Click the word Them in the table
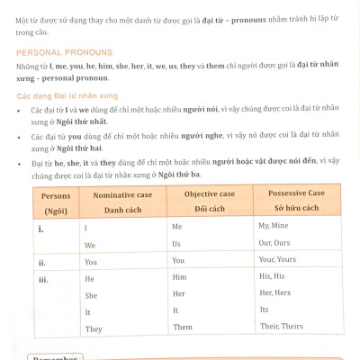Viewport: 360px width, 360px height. pyautogui.click(x=183, y=327)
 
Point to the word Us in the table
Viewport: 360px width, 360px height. pyautogui.click(x=176, y=243)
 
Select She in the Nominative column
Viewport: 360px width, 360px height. pyautogui.click(x=91, y=295)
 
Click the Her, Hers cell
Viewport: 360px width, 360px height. pyautogui.click(x=274, y=293)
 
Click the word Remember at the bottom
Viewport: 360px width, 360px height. pyautogui.click(x=55, y=356)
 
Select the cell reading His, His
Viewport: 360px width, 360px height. pyautogui.click(x=271, y=276)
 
